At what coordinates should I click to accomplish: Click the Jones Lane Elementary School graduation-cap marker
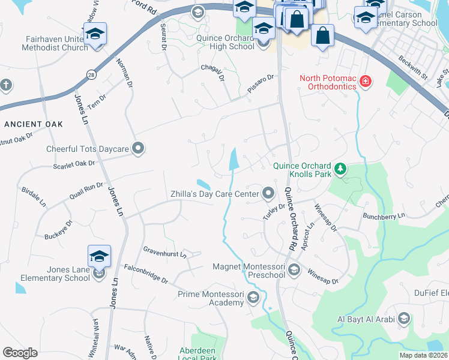click(x=99, y=257)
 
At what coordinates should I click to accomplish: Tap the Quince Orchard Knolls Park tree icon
click(x=341, y=169)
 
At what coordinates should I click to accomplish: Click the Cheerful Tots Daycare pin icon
click(x=138, y=148)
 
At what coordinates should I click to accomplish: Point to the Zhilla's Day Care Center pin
click(x=268, y=193)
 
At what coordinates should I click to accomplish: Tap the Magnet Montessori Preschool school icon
click(x=294, y=269)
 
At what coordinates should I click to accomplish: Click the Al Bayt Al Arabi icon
click(x=404, y=318)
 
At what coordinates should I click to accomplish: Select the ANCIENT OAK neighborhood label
click(x=33, y=124)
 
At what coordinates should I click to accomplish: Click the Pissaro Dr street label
click(x=261, y=83)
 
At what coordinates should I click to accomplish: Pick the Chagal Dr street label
click(x=212, y=74)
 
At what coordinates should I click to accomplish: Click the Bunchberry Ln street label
click(x=384, y=215)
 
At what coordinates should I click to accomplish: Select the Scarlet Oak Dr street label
click(x=74, y=164)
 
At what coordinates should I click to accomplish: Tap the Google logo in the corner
click(x=20, y=353)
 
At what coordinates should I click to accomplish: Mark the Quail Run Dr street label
click(x=86, y=189)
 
